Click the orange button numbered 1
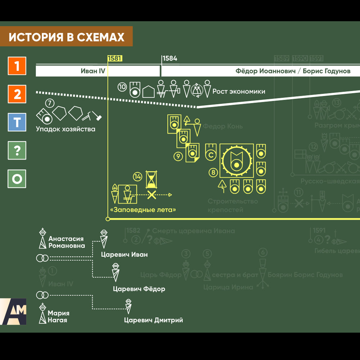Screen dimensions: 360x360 tap(17, 66)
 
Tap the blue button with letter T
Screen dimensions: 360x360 tap(17, 122)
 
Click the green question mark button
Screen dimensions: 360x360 tap(17, 150)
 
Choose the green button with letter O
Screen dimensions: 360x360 tap(17, 179)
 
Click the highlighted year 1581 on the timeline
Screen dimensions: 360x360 tap(115, 59)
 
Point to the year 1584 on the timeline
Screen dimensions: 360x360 tap(170, 59)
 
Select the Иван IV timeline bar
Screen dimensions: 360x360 tap(98, 71)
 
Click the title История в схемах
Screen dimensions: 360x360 tap(67, 37)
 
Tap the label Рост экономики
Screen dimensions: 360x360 tap(239, 91)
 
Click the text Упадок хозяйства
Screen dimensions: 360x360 tap(66, 129)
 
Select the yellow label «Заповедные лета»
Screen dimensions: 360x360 tap(143, 210)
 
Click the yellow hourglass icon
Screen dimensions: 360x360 tap(152, 179)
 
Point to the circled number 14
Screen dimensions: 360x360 tap(138, 176)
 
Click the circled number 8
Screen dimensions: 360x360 tap(213, 173)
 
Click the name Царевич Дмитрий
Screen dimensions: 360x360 tap(153, 320)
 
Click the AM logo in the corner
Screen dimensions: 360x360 tap(13, 311)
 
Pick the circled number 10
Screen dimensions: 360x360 tap(122, 87)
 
